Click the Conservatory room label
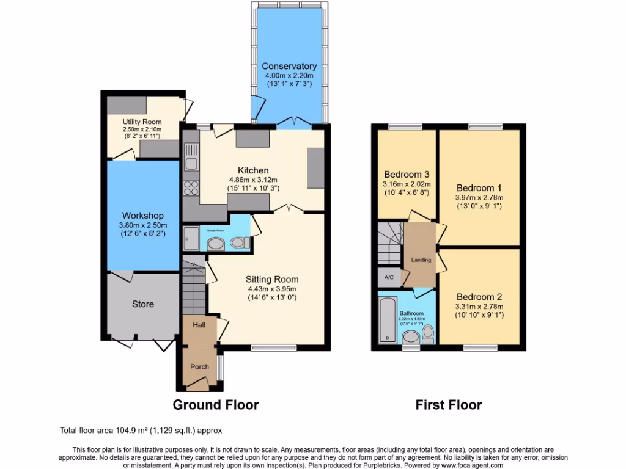[289, 66]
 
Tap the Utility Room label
[142, 122]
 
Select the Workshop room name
[142, 216]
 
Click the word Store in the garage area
[143, 304]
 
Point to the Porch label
[199, 366]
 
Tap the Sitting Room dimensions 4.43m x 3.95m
[273, 289]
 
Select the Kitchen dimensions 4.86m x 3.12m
[253, 180]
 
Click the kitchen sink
[191, 156]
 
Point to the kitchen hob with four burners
[191, 187]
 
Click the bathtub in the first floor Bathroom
[386, 320]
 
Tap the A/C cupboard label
[389, 277]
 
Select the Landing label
[421, 260]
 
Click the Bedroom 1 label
[479, 187]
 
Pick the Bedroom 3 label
[407, 174]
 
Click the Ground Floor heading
[215, 404]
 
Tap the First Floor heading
[449, 404]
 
